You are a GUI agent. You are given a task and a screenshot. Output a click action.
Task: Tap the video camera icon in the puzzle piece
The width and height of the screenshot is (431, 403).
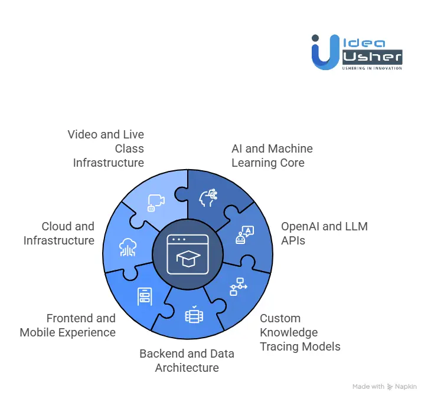156,202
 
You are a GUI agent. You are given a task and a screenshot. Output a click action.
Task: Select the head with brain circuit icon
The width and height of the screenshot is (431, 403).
209,198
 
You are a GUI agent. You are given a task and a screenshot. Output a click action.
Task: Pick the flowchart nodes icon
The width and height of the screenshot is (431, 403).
238,286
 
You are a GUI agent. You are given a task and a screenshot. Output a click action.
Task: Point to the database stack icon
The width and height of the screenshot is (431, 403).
192,315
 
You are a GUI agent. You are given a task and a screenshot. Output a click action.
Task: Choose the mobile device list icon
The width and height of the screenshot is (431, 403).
144,296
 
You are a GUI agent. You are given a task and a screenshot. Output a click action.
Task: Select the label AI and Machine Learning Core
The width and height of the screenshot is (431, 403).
272,156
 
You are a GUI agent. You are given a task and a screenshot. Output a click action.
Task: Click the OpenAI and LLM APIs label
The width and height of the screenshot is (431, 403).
324,233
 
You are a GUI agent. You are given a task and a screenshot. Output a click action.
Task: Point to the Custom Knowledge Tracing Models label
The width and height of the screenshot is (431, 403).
300,332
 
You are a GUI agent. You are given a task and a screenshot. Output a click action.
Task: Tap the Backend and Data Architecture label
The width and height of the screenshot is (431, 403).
187,361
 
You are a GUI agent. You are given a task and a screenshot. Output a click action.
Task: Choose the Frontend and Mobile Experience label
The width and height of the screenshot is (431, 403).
68,325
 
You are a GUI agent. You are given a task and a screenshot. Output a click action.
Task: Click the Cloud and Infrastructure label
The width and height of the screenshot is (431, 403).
59,233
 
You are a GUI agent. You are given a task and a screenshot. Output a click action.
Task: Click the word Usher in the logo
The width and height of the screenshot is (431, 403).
372,57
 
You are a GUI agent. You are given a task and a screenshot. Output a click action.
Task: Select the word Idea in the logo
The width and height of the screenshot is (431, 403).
364,43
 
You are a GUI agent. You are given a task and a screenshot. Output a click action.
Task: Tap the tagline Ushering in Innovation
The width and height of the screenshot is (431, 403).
372,68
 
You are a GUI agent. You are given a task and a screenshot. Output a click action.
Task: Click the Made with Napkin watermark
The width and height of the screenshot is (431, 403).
384,387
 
